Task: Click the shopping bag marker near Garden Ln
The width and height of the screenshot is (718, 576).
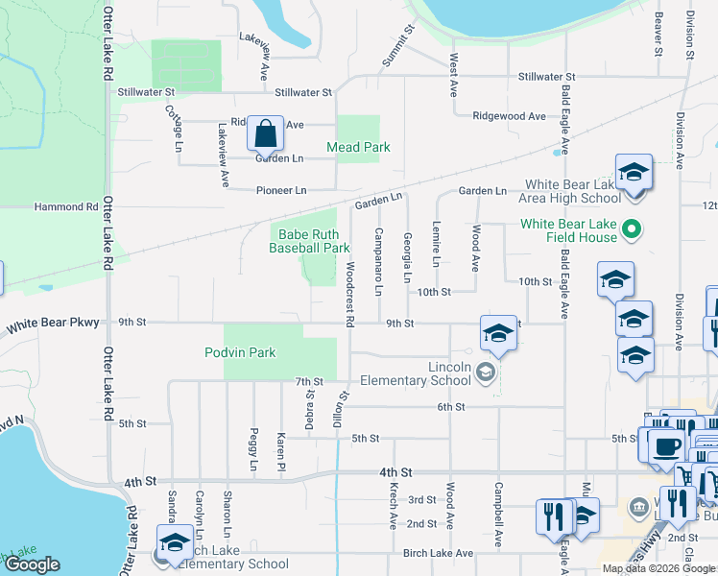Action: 265,133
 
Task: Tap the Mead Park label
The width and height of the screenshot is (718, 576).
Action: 358,148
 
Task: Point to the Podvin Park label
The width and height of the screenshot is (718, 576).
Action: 240,352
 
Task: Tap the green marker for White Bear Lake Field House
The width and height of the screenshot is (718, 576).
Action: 632,229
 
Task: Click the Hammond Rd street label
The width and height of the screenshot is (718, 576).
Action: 66,206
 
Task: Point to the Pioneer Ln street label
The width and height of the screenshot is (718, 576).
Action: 280,191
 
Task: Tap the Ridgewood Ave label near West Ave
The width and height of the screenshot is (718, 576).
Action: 509,116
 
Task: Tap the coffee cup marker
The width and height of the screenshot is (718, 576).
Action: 666,445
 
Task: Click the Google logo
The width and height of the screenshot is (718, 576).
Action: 32,564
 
